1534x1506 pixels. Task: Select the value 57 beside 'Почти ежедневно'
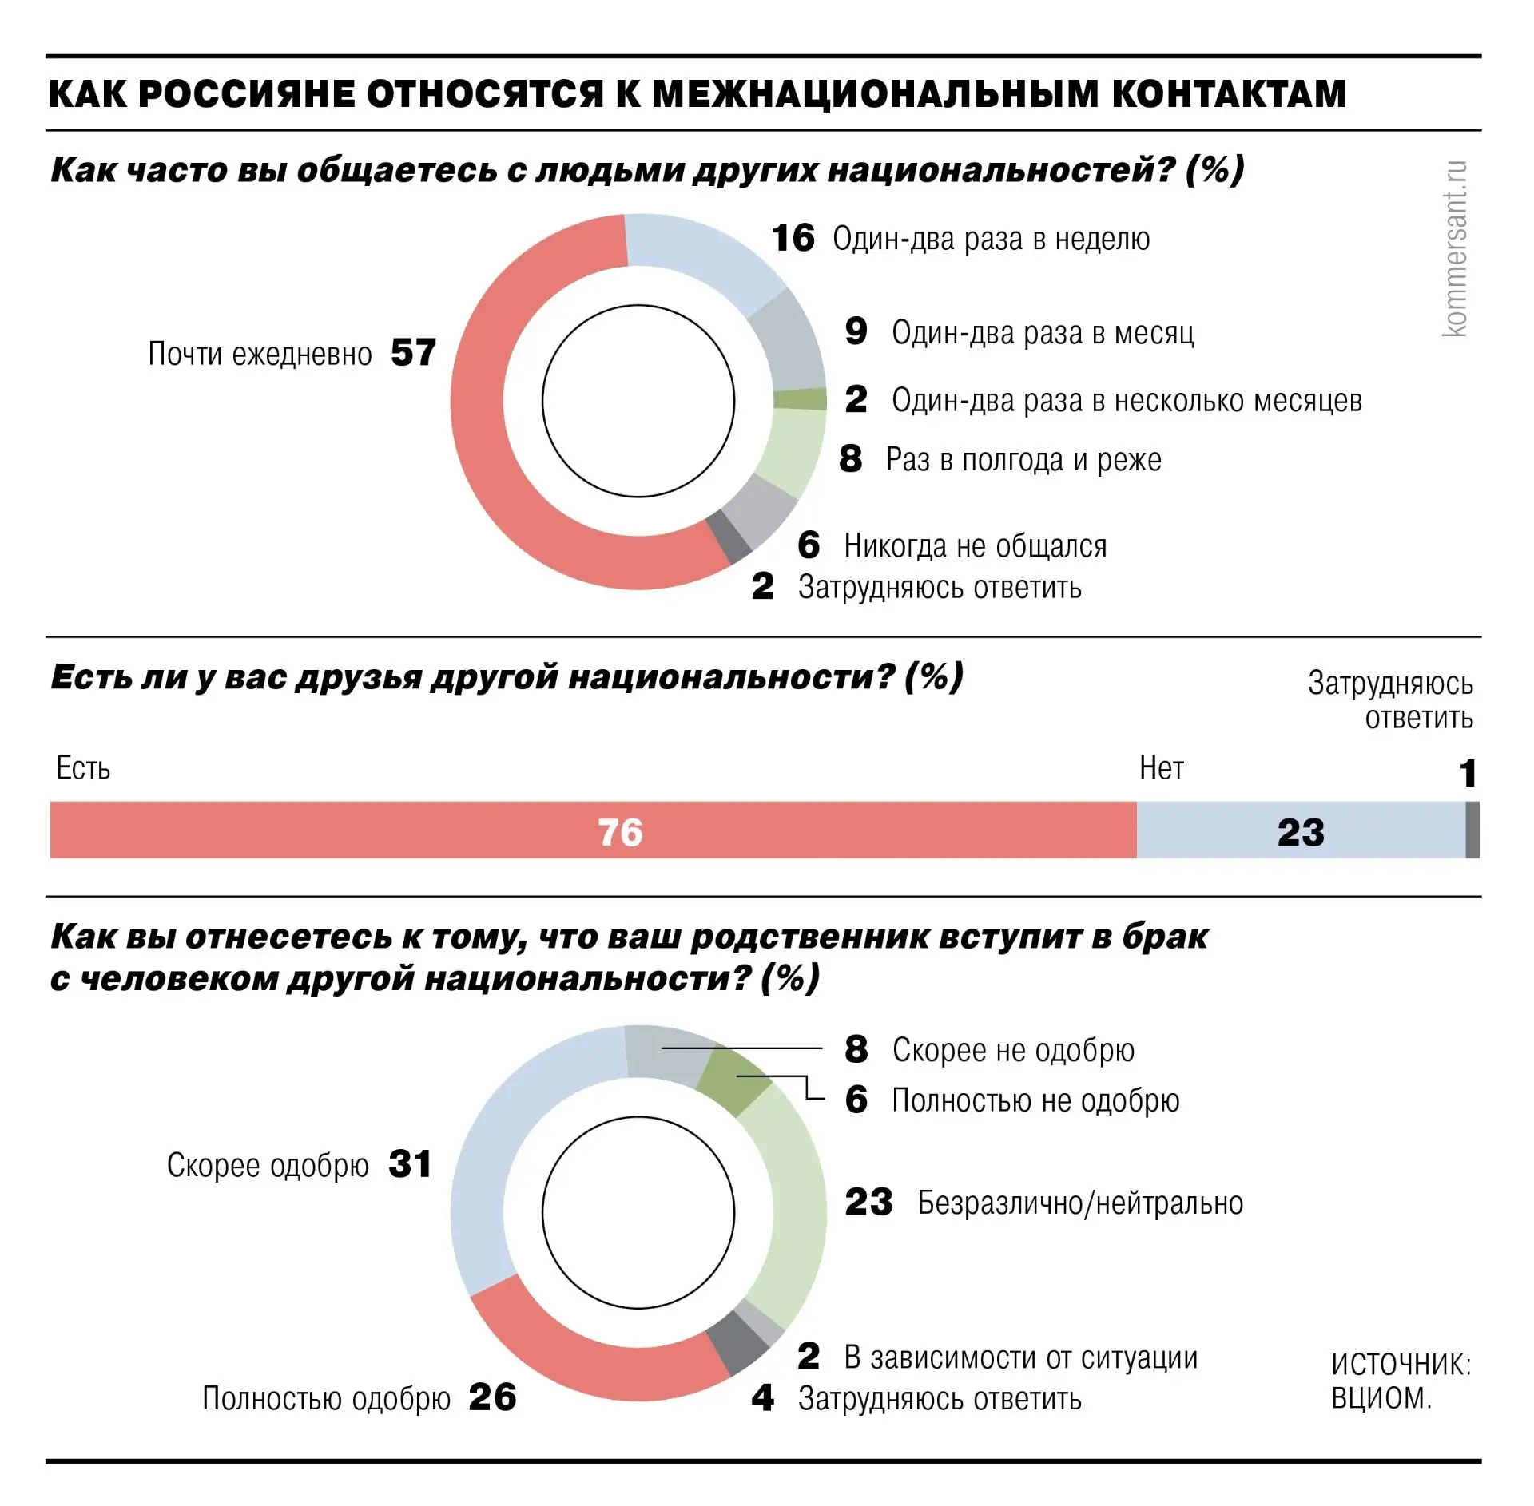coord(413,353)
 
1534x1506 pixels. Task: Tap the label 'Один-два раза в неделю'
coord(991,239)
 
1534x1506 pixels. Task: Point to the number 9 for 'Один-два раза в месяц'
coord(856,331)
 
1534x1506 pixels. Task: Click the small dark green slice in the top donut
coord(801,399)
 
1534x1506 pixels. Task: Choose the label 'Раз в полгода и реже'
coord(1023,459)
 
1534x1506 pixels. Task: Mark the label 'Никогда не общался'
coord(976,546)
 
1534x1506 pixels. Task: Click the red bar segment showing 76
coord(593,830)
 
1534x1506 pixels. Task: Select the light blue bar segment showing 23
coord(1301,830)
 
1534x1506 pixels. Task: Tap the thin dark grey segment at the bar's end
coord(1472,830)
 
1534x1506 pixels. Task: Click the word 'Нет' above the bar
coord(1161,768)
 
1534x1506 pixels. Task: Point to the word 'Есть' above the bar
coord(83,768)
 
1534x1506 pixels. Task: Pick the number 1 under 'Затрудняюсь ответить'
coord(1468,773)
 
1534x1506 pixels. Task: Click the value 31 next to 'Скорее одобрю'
coord(410,1164)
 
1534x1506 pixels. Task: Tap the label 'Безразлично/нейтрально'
coord(1080,1203)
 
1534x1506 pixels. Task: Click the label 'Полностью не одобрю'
coord(1035,1100)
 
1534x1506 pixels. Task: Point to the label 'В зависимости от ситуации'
coord(1021,1357)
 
